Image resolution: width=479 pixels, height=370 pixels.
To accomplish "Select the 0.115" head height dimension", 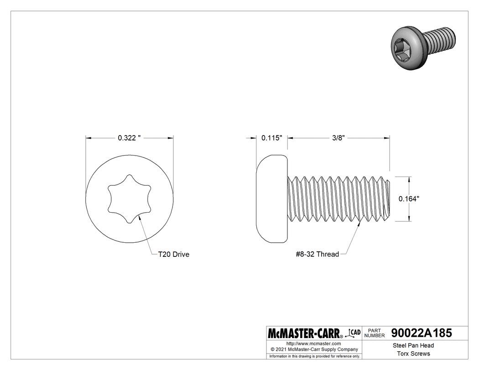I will [272, 138].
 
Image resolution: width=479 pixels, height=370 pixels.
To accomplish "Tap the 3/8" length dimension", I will [338, 138].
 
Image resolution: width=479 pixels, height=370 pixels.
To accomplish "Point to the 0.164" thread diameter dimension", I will [409, 198].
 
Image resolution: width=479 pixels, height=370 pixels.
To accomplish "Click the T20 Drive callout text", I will [173, 255].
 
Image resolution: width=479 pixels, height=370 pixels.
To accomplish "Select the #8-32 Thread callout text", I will [317, 255].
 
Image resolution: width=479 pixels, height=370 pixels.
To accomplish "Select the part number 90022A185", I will [422, 333].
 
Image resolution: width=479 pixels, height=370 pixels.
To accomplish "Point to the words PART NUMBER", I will [375, 333].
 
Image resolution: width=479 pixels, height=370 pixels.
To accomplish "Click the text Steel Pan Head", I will [413, 346].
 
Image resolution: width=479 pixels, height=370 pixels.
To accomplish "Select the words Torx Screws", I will [413, 354].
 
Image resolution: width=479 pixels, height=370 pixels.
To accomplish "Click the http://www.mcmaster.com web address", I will [313, 343].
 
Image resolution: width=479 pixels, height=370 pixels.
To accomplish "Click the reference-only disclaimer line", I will [314, 356].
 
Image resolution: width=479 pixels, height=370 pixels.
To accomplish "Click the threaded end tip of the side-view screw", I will [388, 198].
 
